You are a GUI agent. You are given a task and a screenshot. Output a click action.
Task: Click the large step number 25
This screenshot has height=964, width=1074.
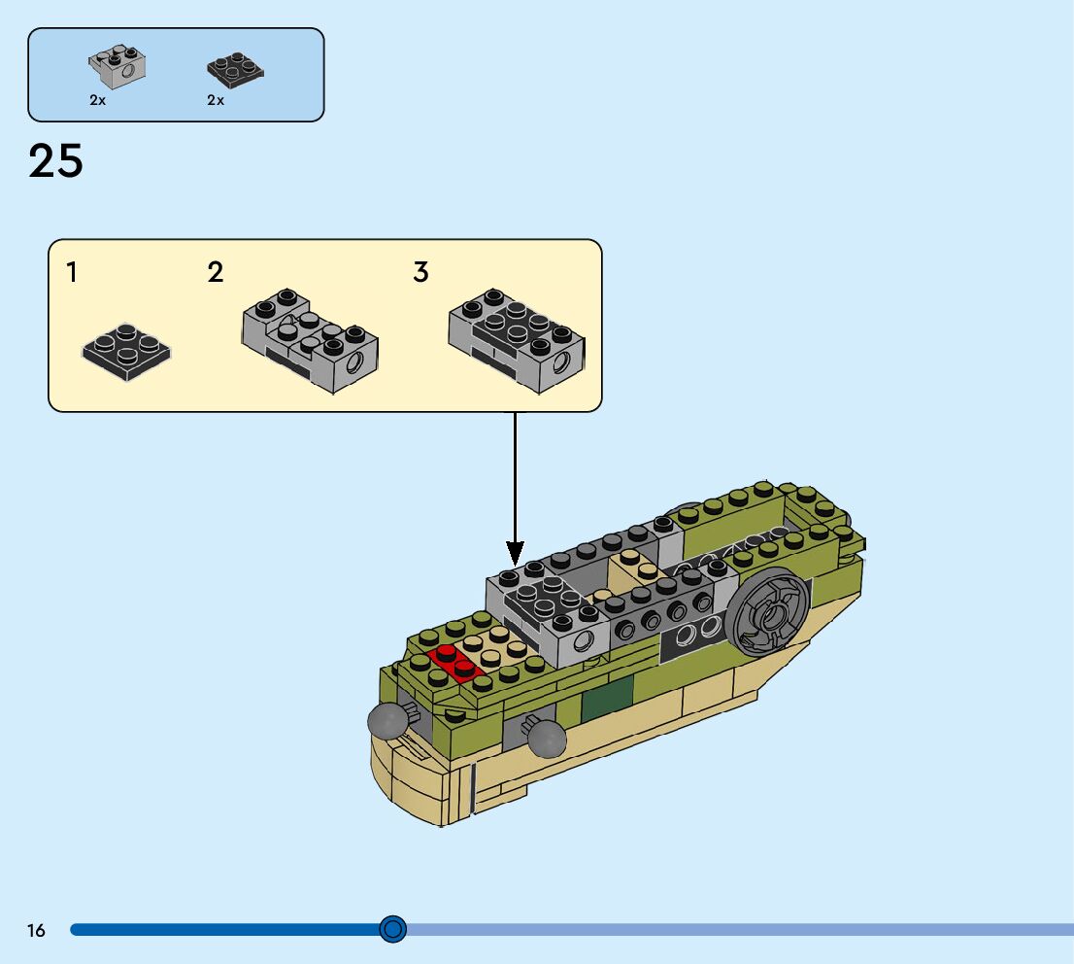tap(55, 161)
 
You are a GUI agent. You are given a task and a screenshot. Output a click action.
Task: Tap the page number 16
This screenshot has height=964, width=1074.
tap(36, 931)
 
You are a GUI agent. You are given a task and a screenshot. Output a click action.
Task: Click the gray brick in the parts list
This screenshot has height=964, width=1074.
tap(117, 67)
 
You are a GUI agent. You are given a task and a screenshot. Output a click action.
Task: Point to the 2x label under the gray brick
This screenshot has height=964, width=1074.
tap(97, 100)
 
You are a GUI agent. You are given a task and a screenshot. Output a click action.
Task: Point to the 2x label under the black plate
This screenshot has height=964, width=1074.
tap(216, 100)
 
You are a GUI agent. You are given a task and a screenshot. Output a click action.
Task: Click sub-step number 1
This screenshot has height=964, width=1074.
tap(72, 272)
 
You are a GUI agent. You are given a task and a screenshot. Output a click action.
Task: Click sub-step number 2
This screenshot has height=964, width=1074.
tap(216, 272)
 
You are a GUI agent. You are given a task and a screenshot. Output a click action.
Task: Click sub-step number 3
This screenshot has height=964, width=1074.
tap(420, 272)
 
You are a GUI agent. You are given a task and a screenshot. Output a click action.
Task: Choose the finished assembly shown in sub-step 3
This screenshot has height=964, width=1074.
tap(517, 340)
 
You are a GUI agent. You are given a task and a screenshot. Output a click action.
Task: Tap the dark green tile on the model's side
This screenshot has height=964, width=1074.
tap(607, 705)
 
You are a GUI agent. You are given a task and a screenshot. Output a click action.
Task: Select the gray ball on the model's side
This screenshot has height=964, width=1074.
tap(547, 738)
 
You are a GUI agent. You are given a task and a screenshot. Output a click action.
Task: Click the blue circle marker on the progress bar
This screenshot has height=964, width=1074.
tap(392, 930)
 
